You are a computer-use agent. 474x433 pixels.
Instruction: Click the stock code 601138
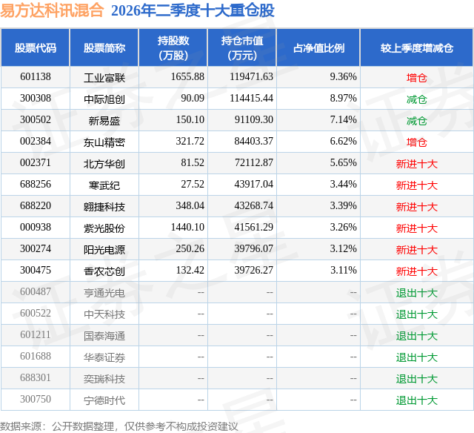tap(36, 77)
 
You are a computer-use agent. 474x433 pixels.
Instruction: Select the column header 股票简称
tap(104, 47)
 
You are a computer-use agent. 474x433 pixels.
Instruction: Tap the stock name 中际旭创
tap(104, 99)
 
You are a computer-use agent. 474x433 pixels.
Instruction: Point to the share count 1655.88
tap(187, 77)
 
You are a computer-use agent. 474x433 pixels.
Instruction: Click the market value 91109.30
tap(253, 120)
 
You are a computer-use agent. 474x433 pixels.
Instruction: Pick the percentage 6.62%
tap(343, 142)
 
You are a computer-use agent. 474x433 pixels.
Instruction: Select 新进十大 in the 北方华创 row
tap(417, 164)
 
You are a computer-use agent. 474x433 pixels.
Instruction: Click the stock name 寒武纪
tap(104, 185)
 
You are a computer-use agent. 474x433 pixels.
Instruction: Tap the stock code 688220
tap(36, 206)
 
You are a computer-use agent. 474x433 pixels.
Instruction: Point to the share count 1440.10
tap(187, 227)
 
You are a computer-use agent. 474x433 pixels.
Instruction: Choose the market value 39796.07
tap(253, 248)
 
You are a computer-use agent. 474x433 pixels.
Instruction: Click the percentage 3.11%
tap(344, 270)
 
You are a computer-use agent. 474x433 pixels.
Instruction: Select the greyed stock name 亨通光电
tap(104, 293)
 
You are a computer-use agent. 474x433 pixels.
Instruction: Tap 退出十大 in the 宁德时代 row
tap(417, 400)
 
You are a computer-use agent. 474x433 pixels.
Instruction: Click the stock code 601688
tap(36, 356)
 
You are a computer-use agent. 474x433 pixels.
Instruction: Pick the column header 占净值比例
tap(318, 47)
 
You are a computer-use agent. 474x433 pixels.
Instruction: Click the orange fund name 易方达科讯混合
tap(52, 10)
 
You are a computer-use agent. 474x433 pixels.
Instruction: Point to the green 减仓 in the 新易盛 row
tap(417, 121)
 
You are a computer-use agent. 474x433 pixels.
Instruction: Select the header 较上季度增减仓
tap(417, 47)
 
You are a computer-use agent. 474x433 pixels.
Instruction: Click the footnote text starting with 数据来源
tap(119, 426)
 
